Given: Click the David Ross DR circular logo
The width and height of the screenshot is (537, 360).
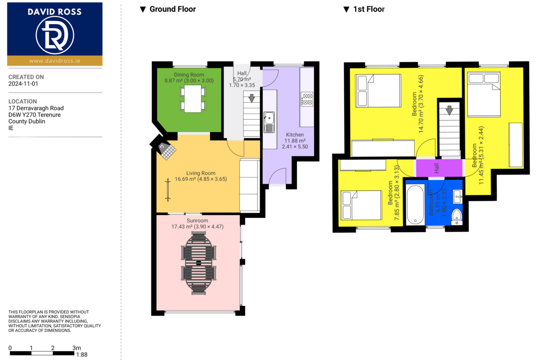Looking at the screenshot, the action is pyautogui.click(x=55, y=35).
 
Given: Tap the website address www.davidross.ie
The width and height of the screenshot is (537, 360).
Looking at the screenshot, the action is pyautogui.click(x=55, y=61).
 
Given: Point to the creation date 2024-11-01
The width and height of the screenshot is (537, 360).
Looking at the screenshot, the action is pyautogui.click(x=23, y=83).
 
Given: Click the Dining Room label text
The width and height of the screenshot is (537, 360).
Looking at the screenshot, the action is pyautogui.click(x=189, y=75).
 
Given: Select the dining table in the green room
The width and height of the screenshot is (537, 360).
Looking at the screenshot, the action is pyautogui.click(x=193, y=99).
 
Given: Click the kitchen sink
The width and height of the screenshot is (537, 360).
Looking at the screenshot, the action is pyautogui.click(x=269, y=122).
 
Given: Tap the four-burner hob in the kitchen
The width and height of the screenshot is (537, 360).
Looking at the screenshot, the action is pyautogui.click(x=307, y=99).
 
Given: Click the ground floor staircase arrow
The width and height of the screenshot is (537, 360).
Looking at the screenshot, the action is pyautogui.click(x=252, y=98).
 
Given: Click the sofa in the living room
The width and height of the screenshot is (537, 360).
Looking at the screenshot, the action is pyautogui.click(x=249, y=185).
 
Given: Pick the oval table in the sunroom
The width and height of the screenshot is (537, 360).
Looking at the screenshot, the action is pyautogui.click(x=199, y=263).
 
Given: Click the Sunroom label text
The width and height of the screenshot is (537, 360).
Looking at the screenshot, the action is pyautogui.click(x=197, y=221).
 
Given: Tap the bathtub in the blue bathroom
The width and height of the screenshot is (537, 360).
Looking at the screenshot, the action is pyautogui.click(x=415, y=205).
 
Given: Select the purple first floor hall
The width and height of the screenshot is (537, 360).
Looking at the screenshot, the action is pyautogui.click(x=439, y=168).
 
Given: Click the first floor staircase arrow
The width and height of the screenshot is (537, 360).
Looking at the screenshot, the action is pyautogui.click(x=449, y=110).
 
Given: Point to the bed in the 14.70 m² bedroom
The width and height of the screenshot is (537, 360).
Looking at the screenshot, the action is pyautogui.click(x=378, y=91).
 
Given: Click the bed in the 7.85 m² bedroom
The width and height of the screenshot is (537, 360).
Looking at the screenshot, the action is pyautogui.click(x=361, y=205).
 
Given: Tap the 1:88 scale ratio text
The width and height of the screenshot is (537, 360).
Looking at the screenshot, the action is pyautogui.click(x=82, y=355).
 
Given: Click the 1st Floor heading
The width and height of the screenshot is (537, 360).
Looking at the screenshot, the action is pyautogui.click(x=369, y=9).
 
